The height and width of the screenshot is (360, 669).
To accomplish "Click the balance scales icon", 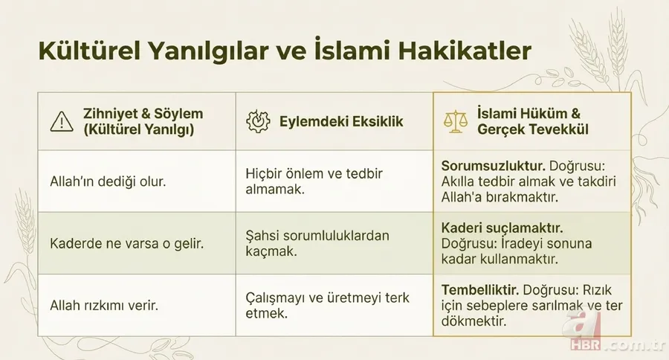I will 453,120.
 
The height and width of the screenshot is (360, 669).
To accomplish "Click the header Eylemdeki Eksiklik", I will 341,120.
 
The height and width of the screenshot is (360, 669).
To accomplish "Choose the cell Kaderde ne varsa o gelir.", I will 117,242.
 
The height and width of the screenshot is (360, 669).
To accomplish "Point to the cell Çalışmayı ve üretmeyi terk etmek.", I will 327,306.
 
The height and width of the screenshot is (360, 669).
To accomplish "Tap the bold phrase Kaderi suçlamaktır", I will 502,228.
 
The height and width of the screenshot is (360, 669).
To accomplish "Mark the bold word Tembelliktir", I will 479,290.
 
